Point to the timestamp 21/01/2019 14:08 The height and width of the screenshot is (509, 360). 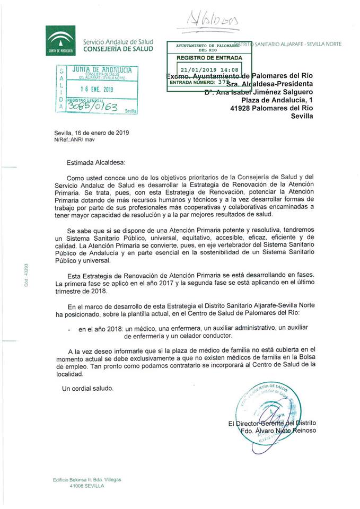coord(209,69)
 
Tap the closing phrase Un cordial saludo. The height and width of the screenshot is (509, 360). coord(87,388)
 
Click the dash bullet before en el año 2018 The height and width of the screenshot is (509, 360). coord(70,329)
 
